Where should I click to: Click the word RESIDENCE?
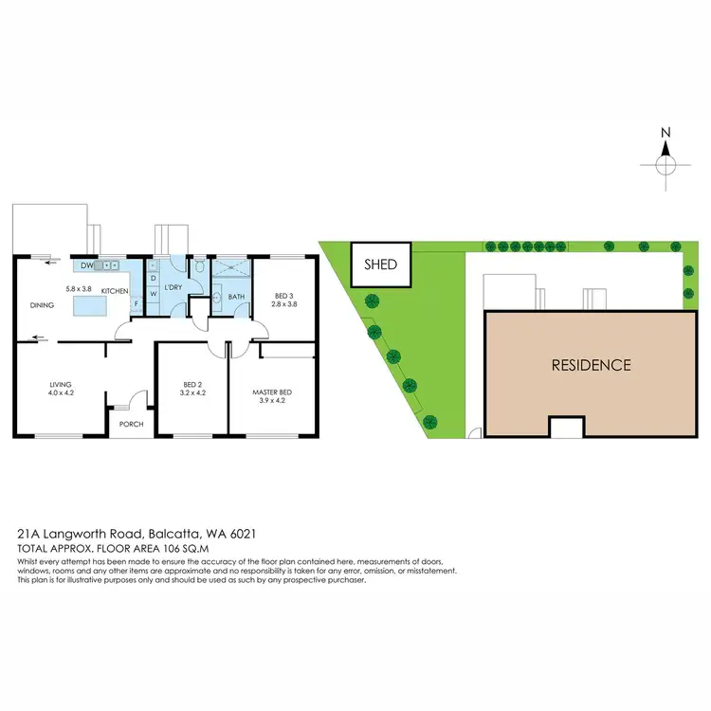[x=591, y=364]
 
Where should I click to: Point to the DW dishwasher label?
[x=86, y=266]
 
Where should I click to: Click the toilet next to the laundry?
[x=199, y=269]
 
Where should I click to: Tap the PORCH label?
[x=131, y=424]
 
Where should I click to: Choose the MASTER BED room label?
[x=271, y=392]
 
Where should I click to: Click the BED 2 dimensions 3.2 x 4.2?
[x=193, y=392]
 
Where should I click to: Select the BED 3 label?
[x=285, y=295]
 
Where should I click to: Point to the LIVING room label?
[x=61, y=384]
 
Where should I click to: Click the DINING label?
[x=42, y=305]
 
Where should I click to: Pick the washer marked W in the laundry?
[x=153, y=294]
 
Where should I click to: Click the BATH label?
[x=238, y=297]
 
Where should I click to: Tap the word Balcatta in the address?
[x=173, y=537]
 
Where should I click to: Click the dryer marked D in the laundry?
[x=153, y=278]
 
